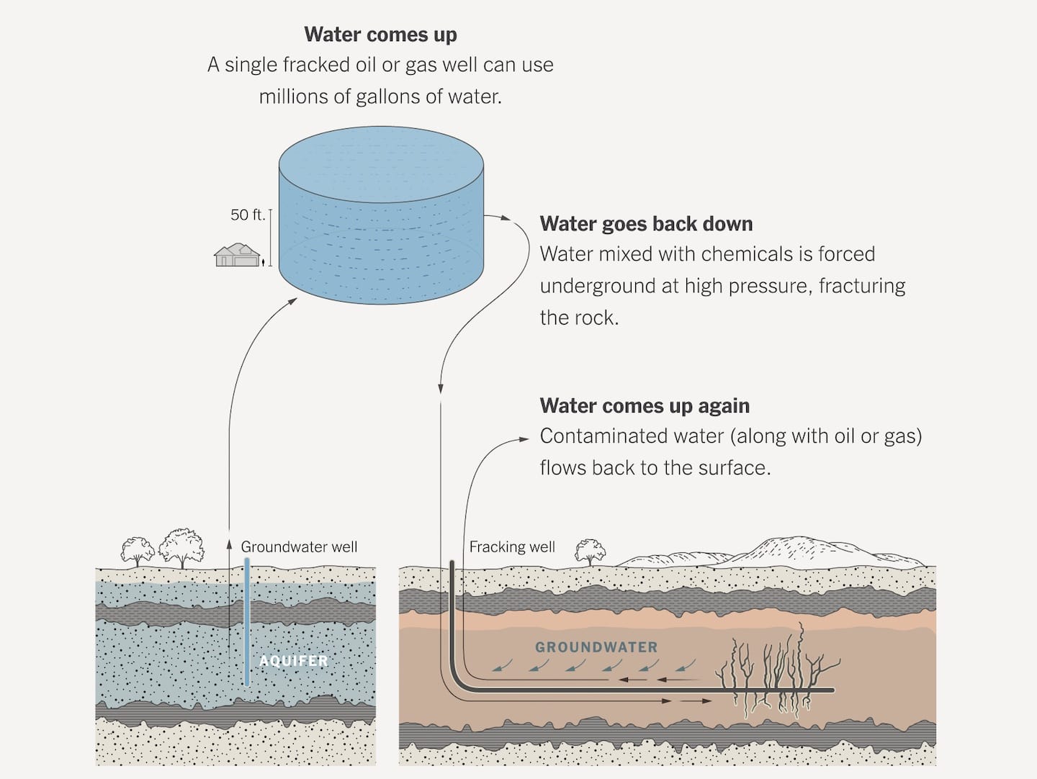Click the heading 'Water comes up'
pyautogui.click(x=380, y=35)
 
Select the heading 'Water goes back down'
pyautogui.click(x=646, y=224)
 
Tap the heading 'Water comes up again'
pyautogui.click(x=645, y=406)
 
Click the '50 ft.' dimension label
pyautogui.click(x=247, y=215)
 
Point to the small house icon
pyautogui.click(x=237, y=256)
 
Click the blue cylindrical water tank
pyautogui.click(x=381, y=216)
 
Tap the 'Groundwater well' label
pyautogui.click(x=299, y=547)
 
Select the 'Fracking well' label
pyautogui.click(x=512, y=547)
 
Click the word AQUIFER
pyautogui.click(x=294, y=661)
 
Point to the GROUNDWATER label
pyautogui.click(x=596, y=647)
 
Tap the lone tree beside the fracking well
pyautogui.click(x=590, y=552)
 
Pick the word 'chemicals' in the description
pyautogui.click(x=748, y=254)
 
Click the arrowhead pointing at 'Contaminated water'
pyautogui.click(x=524, y=438)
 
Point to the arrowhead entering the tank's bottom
pyautogui.click(x=292, y=301)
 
